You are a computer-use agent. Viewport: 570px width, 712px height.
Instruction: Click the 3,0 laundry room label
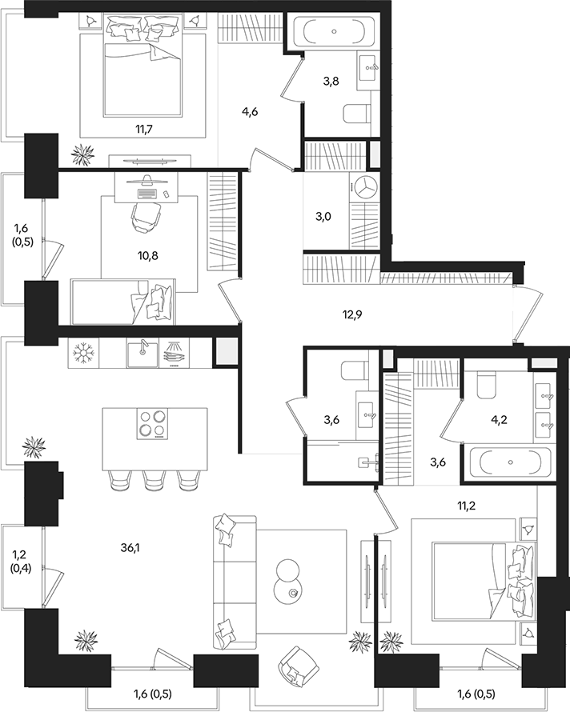point(323,216)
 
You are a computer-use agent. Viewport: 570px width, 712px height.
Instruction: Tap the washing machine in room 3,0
point(367,189)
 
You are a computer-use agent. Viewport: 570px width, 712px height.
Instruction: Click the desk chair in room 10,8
point(146,216)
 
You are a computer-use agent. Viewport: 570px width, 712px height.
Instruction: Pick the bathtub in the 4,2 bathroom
point(511,463)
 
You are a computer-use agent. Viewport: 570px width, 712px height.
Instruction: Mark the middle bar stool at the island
point(153,478)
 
